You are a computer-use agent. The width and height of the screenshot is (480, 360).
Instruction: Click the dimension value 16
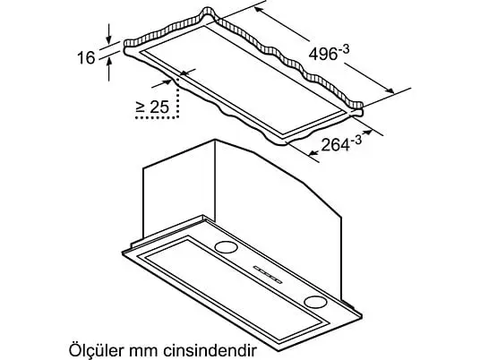click(x=86, y=57)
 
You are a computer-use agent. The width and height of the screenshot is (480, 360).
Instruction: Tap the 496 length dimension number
click(x=323, y=55)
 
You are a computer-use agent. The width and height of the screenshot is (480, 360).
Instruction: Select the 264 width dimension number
click(x=336, y=144)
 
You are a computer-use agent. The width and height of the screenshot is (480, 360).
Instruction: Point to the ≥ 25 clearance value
click(x=152, y=107)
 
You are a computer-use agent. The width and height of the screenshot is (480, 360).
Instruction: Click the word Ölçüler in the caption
click(x=97, y=349)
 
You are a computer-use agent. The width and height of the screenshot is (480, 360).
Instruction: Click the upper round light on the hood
click(x=226, y=247)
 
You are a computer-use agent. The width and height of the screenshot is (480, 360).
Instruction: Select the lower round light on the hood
click(x=315, y=302)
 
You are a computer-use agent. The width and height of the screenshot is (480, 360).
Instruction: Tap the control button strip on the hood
click(x=268, y=274)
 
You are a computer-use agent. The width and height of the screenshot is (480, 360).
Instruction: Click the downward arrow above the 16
click(x=108, y=34)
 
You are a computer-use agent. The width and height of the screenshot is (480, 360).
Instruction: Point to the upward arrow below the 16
click(x=109, y=69)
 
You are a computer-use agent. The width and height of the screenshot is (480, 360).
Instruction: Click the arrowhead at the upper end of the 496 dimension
click(x=259, y=10)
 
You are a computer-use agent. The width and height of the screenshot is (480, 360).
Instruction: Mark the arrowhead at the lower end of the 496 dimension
click(x=390, y=90)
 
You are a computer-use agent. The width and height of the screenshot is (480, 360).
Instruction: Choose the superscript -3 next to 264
click(x=356, y=140)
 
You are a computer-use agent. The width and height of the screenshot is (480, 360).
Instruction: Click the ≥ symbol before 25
click(x=141, y=107)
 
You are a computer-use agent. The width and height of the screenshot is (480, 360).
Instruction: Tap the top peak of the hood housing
click(x=215, y=141)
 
